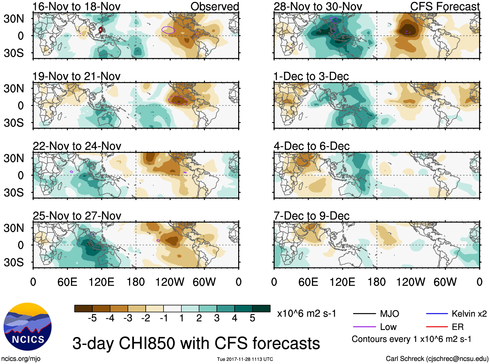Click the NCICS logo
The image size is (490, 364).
(x=28, y=327)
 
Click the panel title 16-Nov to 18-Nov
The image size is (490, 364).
(x=76, y=6)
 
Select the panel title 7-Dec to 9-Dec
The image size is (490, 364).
(x=312, y=216)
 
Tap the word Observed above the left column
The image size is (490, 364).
(x=214, y=6)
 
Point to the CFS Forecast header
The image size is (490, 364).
(x=445, y=6)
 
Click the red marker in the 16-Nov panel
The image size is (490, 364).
(x=101, y=30)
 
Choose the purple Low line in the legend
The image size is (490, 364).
(x=364, y=327)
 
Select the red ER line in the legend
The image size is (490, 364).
(x=437, y=327)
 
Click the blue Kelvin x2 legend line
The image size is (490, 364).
(x=437, y=314)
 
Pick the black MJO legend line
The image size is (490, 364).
(x=364, y=314)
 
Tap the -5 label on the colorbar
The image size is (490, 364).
(x=92, y=318)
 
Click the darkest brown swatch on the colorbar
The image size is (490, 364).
(x=83, y=308)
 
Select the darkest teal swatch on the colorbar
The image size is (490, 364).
(x=261, y=308)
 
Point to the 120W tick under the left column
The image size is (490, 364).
(x=170, y=282)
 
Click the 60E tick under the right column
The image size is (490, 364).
(x=308, y=282)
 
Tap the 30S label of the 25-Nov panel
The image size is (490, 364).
(x=14, y=262)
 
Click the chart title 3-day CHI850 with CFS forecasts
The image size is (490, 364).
(x=196, y=343)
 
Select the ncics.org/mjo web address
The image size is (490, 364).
(x=21, y=359)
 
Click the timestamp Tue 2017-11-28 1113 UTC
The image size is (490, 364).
(x=245, y=359)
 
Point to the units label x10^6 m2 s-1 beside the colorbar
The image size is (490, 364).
(x=306, y=314)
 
